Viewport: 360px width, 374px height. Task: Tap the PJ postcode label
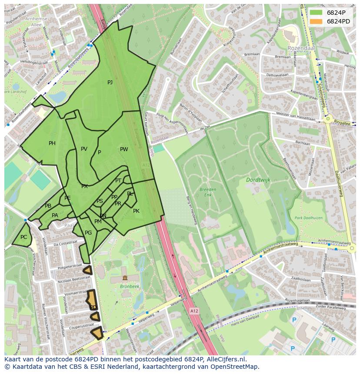tap(110, 83)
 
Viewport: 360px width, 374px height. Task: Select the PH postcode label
tap(52, 143)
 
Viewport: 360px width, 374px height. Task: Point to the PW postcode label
tap(124, 149)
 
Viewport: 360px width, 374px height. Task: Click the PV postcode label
tap(84, 149)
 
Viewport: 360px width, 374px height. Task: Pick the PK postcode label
tap(136, 211)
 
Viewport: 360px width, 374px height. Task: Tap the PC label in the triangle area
tap(23, 237)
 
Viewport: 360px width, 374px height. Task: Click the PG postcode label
tap(88, 233)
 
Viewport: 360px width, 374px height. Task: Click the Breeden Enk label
tap(208, 192)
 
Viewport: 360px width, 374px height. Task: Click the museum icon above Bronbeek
tap(125, 278)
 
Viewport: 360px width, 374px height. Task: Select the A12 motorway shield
tap(194, 311)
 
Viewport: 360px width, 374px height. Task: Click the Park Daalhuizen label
tap(307, 218)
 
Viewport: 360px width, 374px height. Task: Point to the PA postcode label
tap(55, 215)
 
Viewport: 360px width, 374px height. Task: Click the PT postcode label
tap(118, 181)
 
